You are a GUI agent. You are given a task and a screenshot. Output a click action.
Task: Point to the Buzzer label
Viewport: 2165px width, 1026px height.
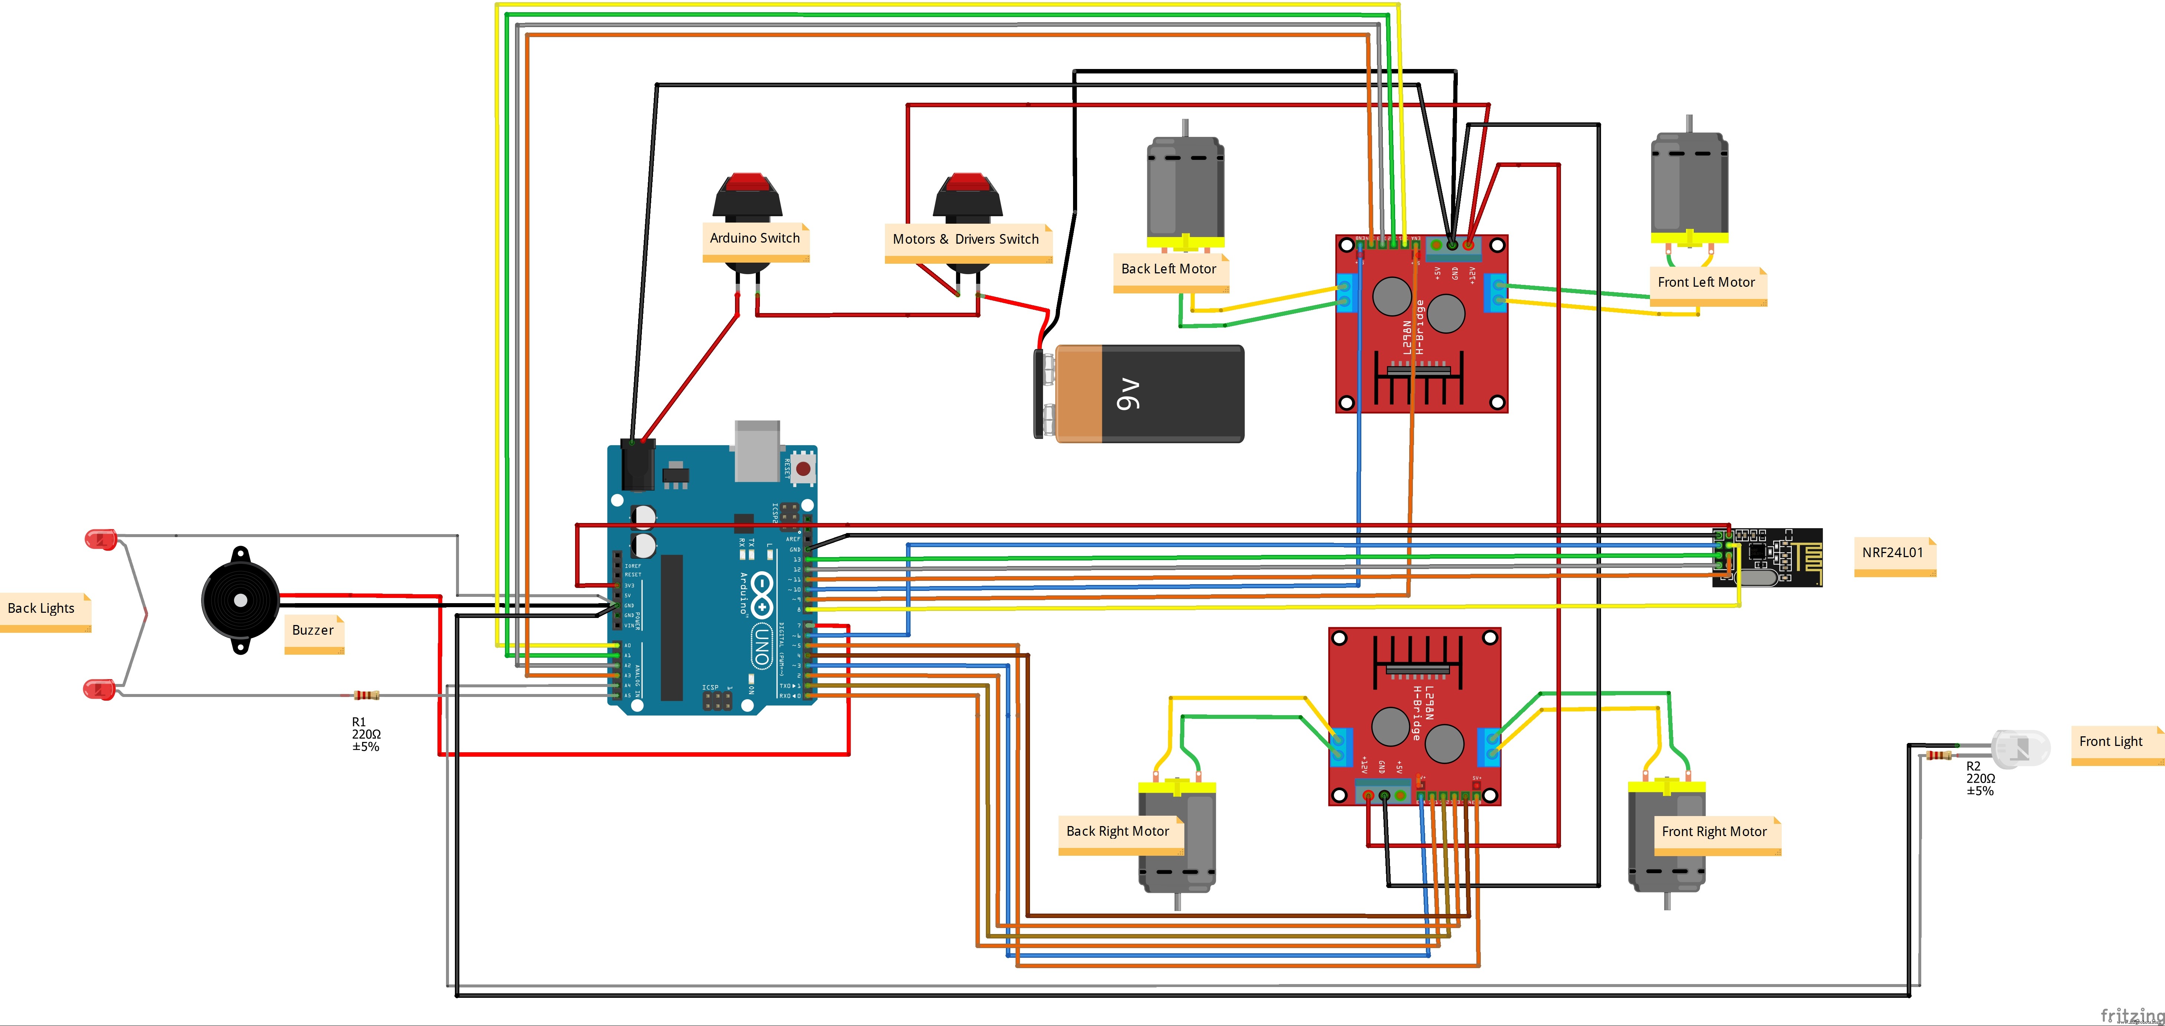[x=313, y=630]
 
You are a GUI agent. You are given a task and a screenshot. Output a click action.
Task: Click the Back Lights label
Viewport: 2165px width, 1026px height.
[x=41, y=608]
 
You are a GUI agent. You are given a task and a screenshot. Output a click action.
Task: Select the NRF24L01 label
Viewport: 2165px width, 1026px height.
[x=1893, y=553]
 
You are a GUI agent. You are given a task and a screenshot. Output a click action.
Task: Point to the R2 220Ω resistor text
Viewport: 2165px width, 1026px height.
[x=1980, y=778]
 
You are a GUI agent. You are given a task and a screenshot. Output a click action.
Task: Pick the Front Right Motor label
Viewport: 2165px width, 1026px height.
[x=1715, y=832]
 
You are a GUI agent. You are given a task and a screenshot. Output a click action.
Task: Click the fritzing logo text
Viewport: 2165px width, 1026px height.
[x=2130, y=1015]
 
